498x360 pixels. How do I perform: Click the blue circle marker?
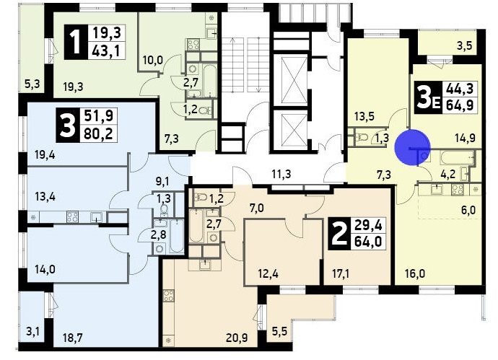pos(413,148)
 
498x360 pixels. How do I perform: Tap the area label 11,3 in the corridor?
pos(281,175)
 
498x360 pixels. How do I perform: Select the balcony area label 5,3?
pos(32,84)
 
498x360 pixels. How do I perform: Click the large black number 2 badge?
pos(339,234)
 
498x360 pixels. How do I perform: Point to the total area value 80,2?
pos(98,133)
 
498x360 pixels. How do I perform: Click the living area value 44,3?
pos(460,89)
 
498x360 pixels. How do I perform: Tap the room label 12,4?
pos(268,273)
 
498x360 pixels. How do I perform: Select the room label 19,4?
pos(45,155)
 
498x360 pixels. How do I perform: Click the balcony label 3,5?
pos(465,45)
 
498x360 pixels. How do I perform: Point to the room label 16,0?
pos(415,273)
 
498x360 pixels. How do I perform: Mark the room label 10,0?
pos(152,59)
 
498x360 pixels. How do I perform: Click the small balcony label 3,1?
pos(32,332)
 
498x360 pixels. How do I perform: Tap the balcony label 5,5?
pos(279,332)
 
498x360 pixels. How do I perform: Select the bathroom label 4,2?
pos(448,175)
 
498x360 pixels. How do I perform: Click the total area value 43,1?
pos(106,51)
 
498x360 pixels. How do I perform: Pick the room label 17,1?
pos(341,273)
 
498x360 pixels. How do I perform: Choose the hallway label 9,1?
pos(162,181)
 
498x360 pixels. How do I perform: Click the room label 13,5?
pos(364,116)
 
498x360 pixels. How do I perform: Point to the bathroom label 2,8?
pos(158,235)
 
